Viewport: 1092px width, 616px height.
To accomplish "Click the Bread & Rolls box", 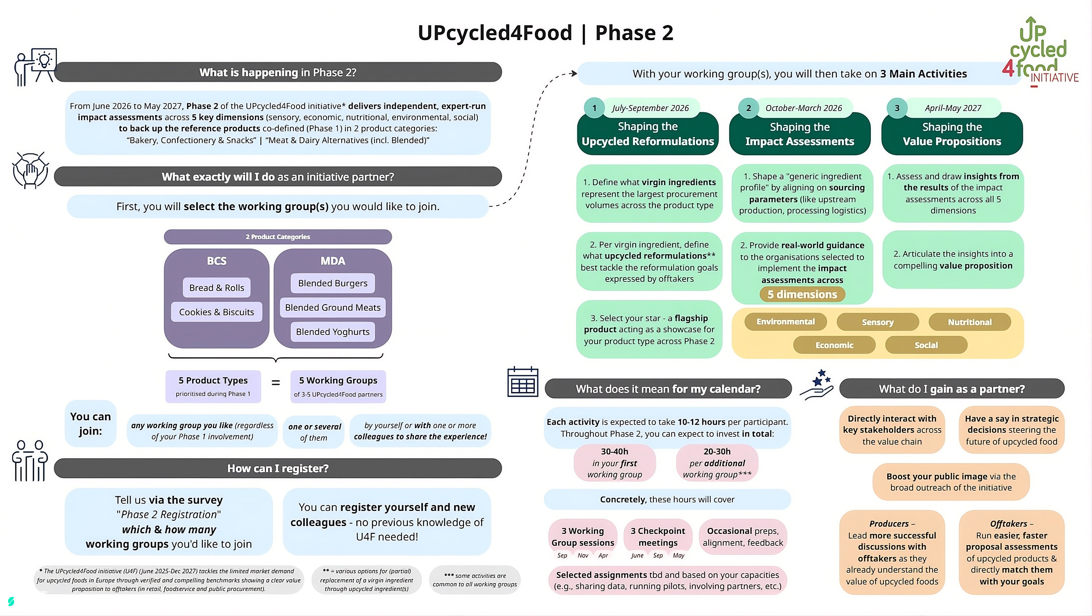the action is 217,288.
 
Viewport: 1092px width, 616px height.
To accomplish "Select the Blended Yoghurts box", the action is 333,332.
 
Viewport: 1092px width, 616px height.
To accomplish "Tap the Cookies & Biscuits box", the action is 217,312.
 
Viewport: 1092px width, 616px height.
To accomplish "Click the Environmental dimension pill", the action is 786,321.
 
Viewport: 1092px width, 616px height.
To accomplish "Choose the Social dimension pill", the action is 926,345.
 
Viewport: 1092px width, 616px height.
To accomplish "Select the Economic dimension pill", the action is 834,345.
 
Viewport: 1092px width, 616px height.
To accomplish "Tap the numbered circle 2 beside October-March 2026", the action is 749,108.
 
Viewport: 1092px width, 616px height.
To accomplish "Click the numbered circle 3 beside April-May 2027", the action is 897,108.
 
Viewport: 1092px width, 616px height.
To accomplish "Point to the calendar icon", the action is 523,382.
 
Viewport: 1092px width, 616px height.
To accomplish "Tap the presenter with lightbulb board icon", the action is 35,67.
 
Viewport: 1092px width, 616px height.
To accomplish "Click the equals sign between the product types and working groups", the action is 276,383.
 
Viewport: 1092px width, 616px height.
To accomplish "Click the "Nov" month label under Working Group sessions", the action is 583,555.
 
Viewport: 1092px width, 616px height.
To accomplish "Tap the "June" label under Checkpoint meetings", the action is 637,555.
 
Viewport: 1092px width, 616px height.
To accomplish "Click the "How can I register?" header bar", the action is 278,468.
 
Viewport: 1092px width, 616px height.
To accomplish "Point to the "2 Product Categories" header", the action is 278,237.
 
